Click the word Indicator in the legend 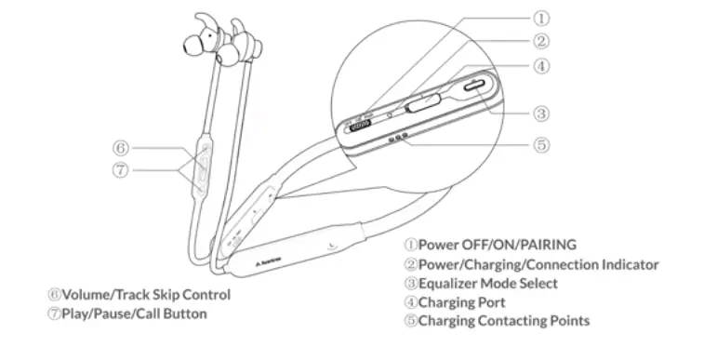tap(628, 264)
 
